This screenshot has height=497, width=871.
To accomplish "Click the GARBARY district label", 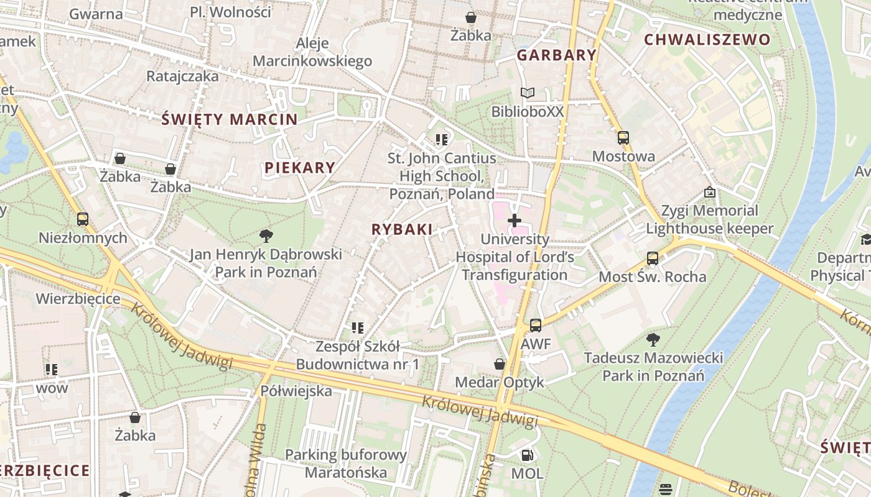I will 557,55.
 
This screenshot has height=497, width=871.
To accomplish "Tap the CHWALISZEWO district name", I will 707,40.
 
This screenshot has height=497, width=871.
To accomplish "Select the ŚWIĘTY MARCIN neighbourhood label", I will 229,119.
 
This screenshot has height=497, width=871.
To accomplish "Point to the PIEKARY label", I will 300,168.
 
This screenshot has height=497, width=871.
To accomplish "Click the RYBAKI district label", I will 402,229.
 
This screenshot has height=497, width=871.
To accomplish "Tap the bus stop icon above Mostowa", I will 623,138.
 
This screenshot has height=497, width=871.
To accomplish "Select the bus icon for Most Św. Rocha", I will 652,258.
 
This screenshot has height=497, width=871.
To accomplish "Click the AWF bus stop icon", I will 535,325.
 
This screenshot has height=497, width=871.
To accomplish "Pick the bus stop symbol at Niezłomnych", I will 82,219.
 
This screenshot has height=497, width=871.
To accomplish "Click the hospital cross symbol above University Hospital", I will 515,221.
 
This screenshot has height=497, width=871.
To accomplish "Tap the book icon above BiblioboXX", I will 527,93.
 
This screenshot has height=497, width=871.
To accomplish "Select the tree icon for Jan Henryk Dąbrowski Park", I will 266,236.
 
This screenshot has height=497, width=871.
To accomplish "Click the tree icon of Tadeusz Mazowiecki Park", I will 653,339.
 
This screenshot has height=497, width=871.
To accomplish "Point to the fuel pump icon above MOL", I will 527,455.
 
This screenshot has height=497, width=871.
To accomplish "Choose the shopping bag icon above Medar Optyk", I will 499,364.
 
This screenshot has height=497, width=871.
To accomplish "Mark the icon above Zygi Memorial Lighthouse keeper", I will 709,193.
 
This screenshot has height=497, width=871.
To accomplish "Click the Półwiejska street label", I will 296,391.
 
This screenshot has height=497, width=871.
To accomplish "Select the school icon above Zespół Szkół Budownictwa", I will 357,327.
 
